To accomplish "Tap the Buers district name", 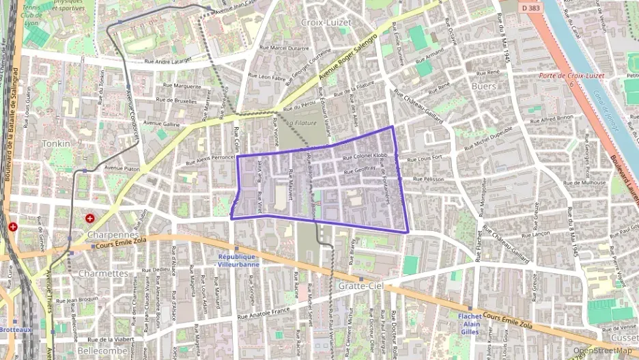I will (483, 86).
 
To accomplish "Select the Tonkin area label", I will (56, 144).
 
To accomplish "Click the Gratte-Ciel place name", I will (360, 286).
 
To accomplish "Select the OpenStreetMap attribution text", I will (602, 350).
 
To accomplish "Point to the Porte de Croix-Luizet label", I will (565, 76).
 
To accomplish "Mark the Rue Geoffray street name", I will (360, 170).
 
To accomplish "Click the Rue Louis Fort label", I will (425, 158).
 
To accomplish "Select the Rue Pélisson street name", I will (429, 179).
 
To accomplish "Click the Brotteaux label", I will (13, 329).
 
